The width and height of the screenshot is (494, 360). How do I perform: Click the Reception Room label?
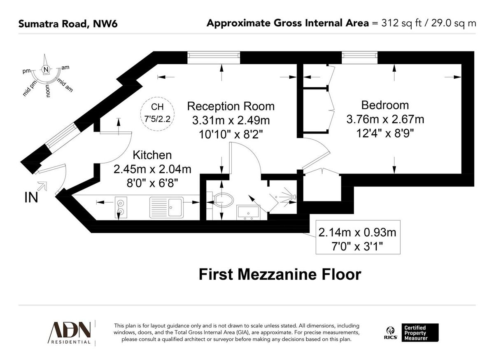(231, 106)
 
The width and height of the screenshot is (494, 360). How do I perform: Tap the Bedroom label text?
(385, 105)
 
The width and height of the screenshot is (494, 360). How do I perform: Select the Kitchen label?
(151, 155)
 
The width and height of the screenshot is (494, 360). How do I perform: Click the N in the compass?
(46, 69)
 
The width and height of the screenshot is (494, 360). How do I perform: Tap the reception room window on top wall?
(213, 57)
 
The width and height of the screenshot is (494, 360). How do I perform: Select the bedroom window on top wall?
(359, 57)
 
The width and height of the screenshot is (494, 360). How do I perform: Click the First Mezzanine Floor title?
(280, 274)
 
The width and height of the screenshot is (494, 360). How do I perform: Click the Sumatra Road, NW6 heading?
(68, 23)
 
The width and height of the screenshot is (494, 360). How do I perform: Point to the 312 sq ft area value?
(398, 23)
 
